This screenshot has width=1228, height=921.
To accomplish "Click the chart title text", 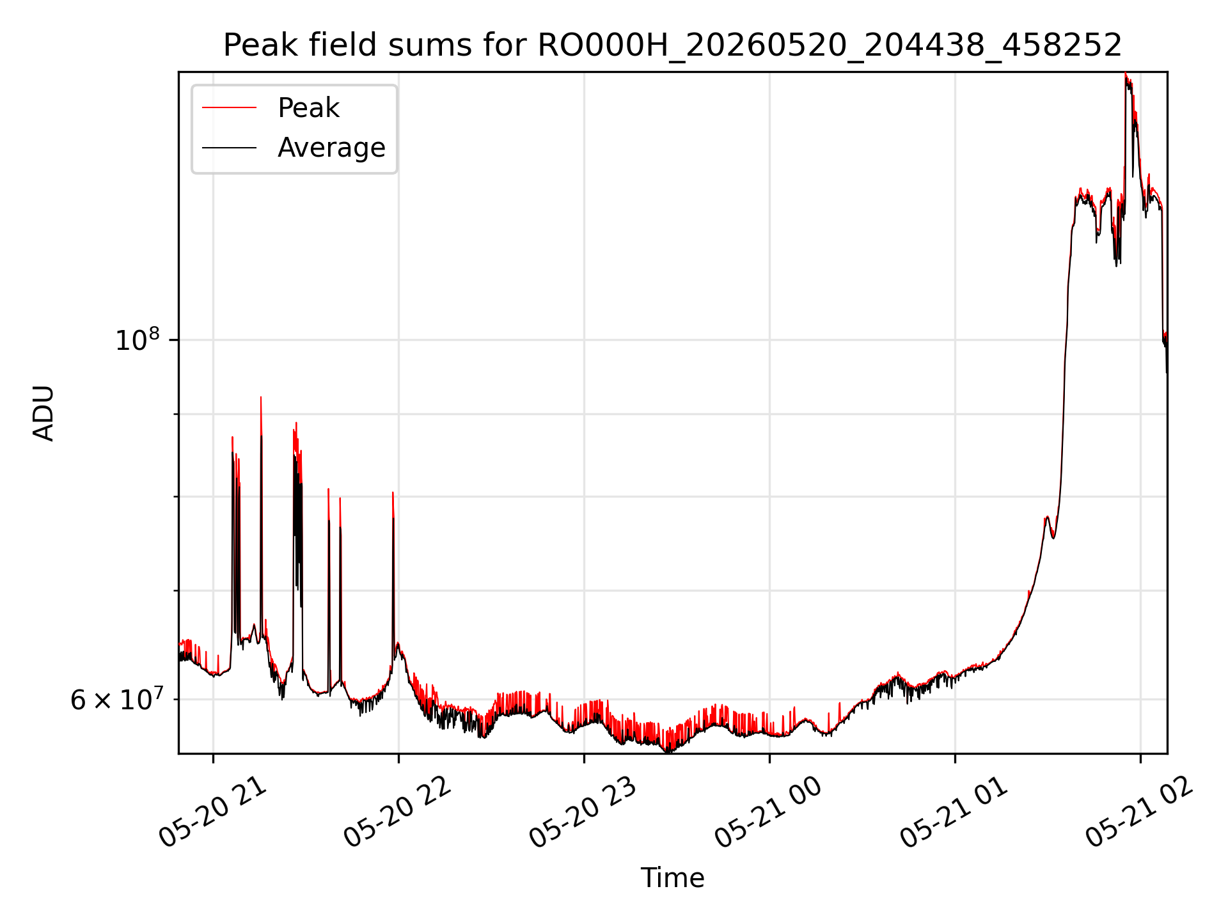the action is tap(672, 45).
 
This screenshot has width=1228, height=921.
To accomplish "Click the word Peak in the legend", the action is tap(308, 108).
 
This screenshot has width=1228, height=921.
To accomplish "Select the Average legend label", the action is tap(331, 148).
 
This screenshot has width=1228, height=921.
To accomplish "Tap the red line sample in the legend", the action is tap(229, 108).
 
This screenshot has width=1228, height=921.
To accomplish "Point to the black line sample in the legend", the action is tap(229, 148).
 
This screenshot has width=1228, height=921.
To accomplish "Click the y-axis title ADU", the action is tap(44, 413).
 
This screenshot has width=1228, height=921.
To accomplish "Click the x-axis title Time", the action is tap(672, 878).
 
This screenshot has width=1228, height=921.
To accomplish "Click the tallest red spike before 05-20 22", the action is tap(261, 398).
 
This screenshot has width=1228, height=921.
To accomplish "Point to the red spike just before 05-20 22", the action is tap(393, 493).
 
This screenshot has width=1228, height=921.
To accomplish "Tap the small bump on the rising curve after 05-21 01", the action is tap(1047, 517).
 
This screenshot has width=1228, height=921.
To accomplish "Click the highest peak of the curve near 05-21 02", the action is tap(1125, 74).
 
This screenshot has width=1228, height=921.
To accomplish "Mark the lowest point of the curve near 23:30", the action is tap(668, 751).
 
